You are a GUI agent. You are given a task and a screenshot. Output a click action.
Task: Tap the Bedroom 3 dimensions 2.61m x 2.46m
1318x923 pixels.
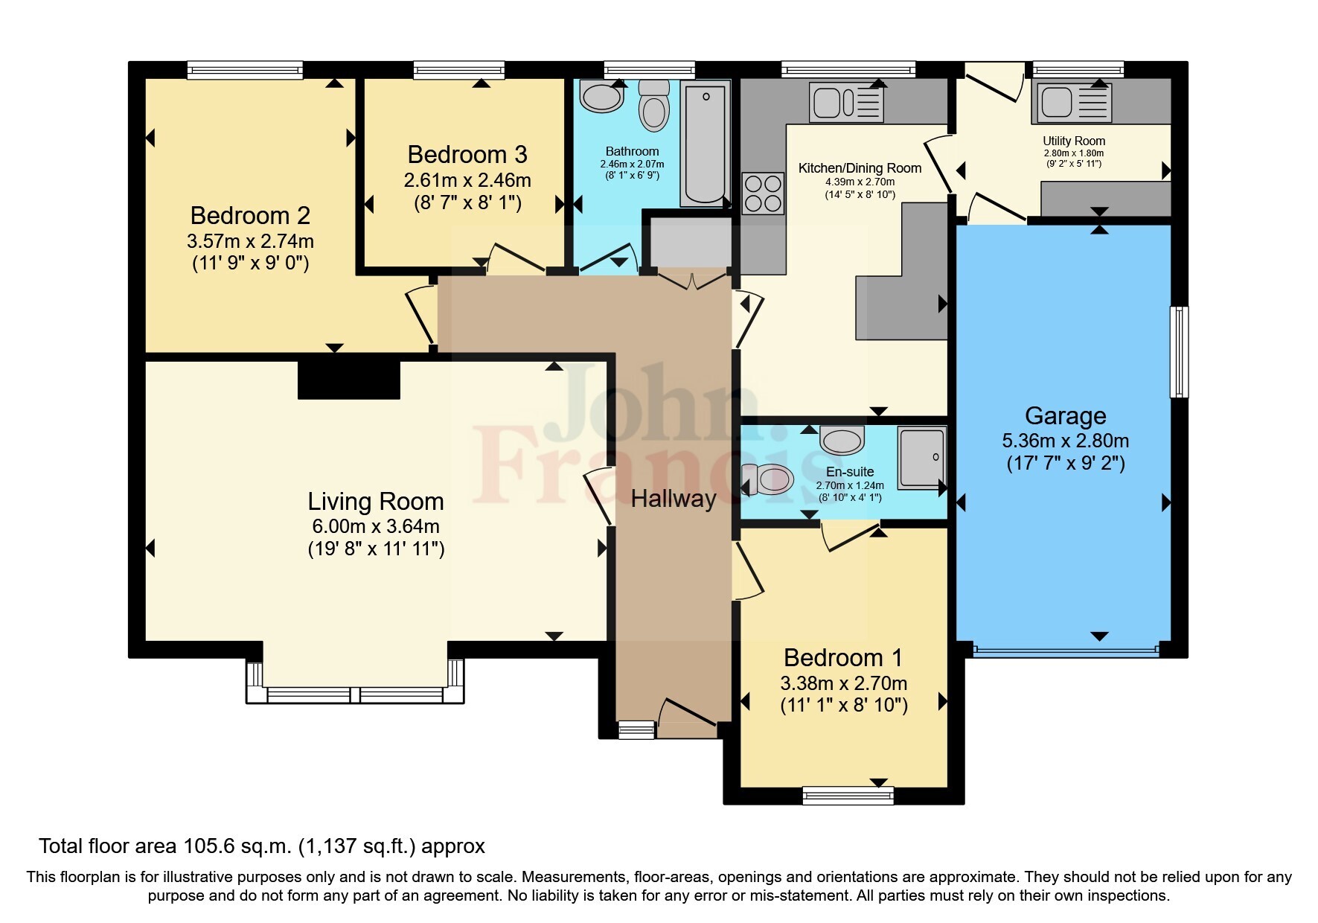(467, 180)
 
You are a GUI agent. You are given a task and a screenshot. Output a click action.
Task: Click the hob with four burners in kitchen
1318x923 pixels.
(763, 193)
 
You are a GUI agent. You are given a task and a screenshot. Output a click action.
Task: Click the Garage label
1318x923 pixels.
(1065, 416)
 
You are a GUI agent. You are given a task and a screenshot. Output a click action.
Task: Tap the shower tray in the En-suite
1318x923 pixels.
(921, 457)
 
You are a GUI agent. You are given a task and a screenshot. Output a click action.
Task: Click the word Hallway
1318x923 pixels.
(674, 499)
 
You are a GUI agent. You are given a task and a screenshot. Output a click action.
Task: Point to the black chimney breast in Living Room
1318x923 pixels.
(349, 380)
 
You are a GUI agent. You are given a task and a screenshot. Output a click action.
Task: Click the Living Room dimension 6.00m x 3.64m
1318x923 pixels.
(376, 526)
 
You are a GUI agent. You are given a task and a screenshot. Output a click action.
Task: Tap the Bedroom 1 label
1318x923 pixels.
(842, 658)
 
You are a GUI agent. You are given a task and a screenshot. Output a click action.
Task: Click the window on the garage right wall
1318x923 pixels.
(1180, 351)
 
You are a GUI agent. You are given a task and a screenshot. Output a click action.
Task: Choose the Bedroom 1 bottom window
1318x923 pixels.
(848, 796)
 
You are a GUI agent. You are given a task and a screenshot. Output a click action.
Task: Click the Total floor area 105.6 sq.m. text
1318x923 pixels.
(261, 846)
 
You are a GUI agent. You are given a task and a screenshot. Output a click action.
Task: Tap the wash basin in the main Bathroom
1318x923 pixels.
(601, 97)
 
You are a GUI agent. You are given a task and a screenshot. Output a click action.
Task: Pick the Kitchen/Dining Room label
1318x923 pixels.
(860, 168)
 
